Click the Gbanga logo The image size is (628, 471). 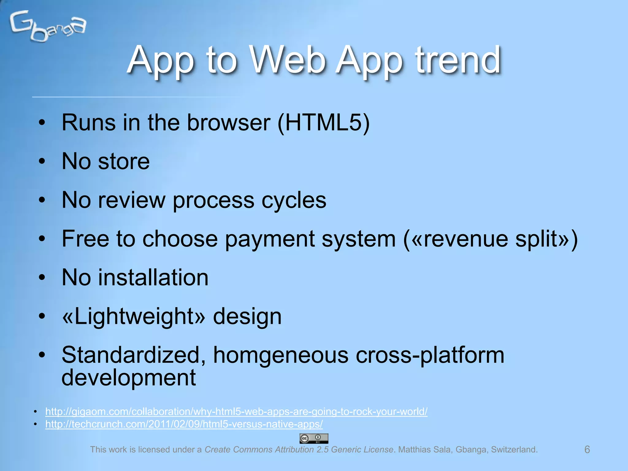pos(48,26)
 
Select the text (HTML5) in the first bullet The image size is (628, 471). pos(324,123)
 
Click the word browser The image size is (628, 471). pos(229,123)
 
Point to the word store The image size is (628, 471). pos(124,162)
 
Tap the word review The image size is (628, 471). pos(132,200)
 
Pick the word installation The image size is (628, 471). pos(153,278)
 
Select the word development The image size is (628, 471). pos(128,378)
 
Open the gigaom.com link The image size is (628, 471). pos(236,412)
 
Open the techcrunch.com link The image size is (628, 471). pos(184,424)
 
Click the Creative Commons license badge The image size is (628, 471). pos(314,438)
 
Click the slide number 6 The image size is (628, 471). pos(587,450)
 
